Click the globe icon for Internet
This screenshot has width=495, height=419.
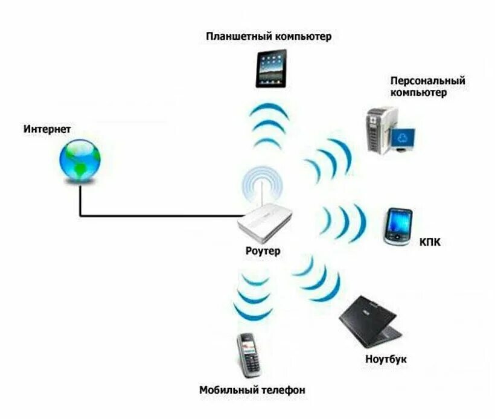tap(80, 160)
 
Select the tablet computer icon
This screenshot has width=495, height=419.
tap(271, 68)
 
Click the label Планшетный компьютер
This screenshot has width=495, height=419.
tap(269, 37)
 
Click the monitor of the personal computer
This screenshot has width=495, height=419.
tap(403, 139)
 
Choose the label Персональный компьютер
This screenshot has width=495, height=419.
tap(428, 86)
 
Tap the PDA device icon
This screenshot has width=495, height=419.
tap(398, 226)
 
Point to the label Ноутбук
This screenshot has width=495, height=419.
tap(386, 359)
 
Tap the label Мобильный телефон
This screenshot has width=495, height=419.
tap(252, 391)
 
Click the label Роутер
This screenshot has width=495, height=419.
tap(263, 251)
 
